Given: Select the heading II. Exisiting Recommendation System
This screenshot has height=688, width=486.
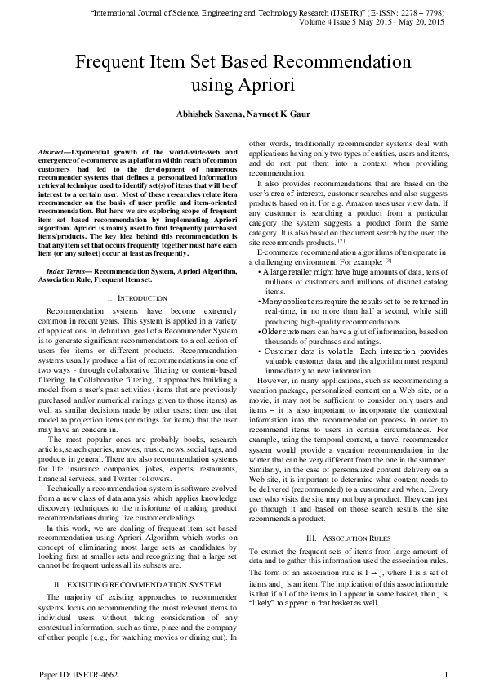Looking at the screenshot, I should pyautogui.click(x=137, y=585).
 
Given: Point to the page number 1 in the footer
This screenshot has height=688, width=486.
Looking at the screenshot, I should pyautogui.click(x=446, y=675).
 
